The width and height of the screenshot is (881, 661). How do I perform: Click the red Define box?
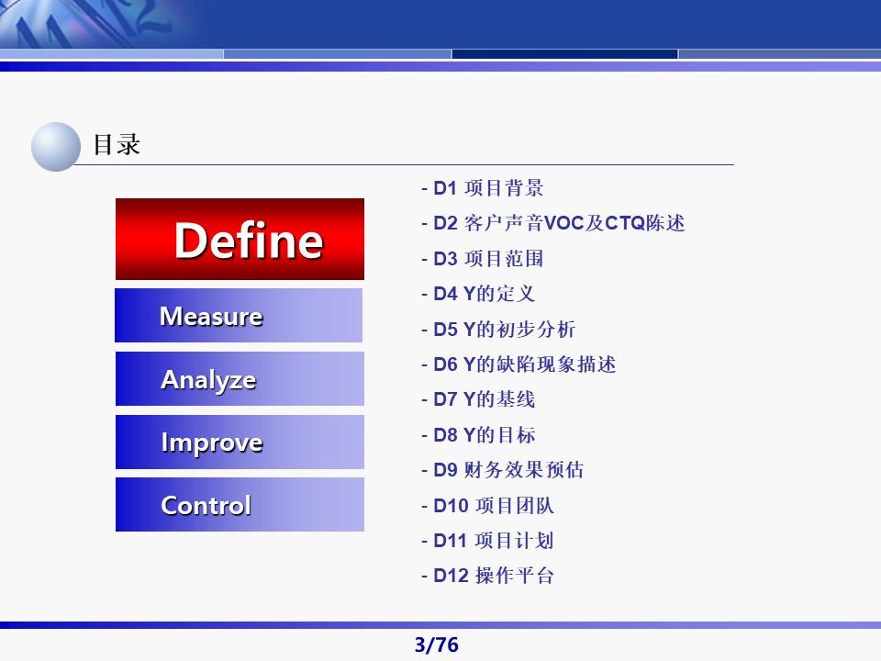coord(240,239)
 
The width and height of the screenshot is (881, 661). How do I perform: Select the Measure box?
coord(239,315)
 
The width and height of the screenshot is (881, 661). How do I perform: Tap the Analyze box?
coord(240,379)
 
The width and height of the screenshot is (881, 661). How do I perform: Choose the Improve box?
coord(240,442)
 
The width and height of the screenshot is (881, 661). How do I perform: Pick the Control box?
coord(240,504)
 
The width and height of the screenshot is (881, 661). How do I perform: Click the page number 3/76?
coord(437,644)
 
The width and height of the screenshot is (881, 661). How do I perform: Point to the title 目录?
coord(117,144)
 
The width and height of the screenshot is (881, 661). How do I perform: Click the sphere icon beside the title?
coord(56,147)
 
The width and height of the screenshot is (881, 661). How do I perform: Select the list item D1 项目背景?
coord(483,187)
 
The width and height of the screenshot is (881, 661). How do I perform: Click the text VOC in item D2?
coord(564,223)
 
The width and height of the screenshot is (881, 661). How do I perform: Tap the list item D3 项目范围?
coord(483,259)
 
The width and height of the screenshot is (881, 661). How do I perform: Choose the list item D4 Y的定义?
coord(478,294)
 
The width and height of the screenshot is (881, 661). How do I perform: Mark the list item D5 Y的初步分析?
coord(498,329)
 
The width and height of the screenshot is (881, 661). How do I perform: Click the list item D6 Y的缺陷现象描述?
coord(519,364)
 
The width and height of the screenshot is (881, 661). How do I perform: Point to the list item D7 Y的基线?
coord(478,399)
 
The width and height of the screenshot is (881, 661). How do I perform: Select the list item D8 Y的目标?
coord(478,434)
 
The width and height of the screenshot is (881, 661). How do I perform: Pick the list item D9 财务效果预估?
coord(503,469)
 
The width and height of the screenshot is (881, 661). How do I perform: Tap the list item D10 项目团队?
coord(487,505)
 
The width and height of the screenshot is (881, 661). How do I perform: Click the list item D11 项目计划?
coord(487,540)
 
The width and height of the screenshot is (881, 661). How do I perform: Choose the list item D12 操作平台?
coord(487,575)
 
